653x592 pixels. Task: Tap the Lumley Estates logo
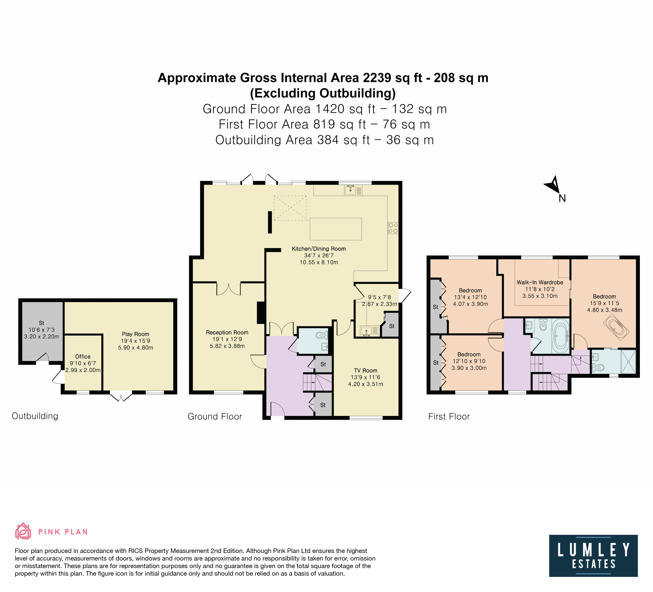pos(593,556)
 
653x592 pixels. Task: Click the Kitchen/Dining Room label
pos(319,249)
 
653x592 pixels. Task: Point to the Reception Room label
pos(227,332)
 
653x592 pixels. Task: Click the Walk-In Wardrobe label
pos(540,282)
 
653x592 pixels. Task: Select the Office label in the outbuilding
pos(83,356)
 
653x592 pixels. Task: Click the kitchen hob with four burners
pos(393,228)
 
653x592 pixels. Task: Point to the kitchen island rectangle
pos(336,229)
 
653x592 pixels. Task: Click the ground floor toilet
pos(322,335)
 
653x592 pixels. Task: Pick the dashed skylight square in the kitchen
pos(290,208)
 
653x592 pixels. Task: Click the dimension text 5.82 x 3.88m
pos(227,346)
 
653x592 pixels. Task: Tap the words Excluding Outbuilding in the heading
pos(323,93)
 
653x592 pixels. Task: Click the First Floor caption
pos(449,416)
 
